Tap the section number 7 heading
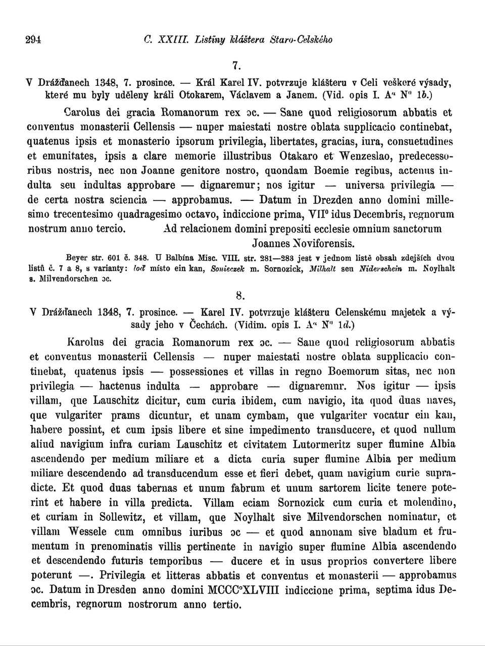tap(235, 66)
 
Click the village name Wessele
tap(87, 531)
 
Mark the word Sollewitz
tap(121, 517)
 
